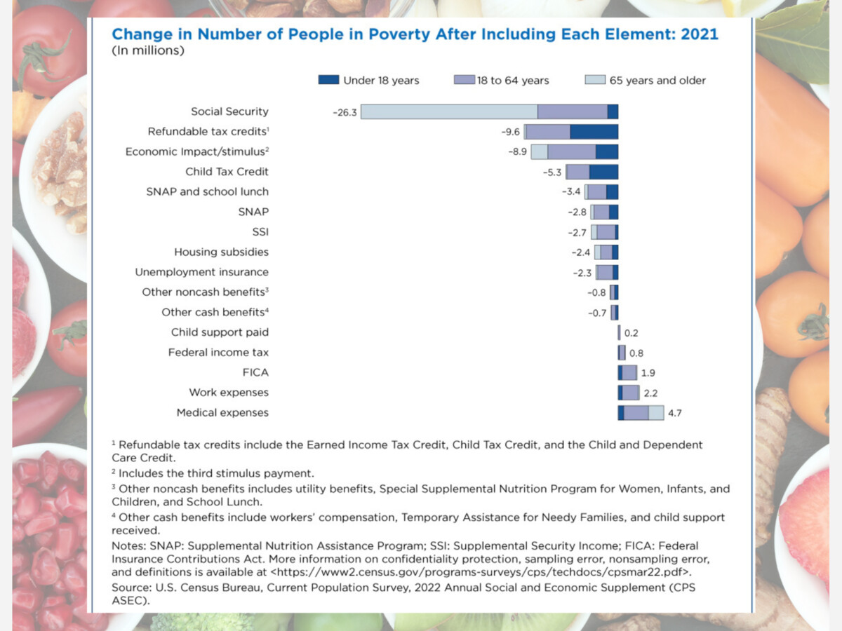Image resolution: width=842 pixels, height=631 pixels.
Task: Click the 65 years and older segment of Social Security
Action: [x=449, y=111]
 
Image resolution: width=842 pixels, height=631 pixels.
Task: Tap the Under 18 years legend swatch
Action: [x=328, y=81]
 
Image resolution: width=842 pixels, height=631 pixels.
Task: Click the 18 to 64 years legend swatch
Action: [x=464, y=81]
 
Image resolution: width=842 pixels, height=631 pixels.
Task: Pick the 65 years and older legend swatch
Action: [x=594, y=81]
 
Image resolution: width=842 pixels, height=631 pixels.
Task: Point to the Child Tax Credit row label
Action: [x=227, y=172]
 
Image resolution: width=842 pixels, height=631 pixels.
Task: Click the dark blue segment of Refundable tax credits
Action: [x=594, y=132]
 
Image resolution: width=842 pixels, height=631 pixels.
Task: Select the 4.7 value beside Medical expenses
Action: [x=674, y=414]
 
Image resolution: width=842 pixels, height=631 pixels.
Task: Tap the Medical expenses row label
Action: [x=222, y=413]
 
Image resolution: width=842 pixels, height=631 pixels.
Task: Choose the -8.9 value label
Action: [x=518, y=152]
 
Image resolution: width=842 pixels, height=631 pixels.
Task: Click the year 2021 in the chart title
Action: [x=700, y=34]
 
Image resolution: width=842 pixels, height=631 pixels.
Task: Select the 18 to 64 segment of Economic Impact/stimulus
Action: [x=571, y=152]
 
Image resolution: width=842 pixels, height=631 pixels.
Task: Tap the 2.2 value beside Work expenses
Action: [x=650, y=393]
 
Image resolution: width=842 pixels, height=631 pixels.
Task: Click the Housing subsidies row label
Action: [x=221, y=252]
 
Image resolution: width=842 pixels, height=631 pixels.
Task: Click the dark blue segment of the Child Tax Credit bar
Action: [x=603, y=172]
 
